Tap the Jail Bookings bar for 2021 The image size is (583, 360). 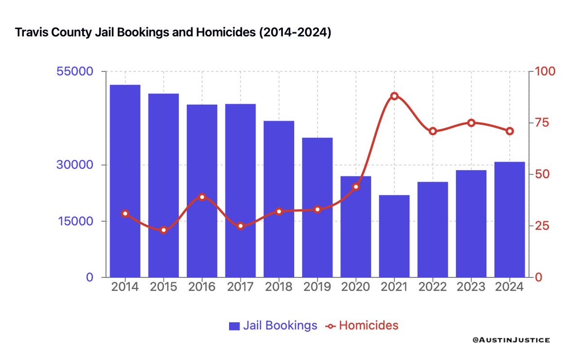(394, 236)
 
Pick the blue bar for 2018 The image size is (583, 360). (279, 199)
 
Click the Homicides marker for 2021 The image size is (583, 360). (394, 96)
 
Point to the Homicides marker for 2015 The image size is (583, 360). (163, 230)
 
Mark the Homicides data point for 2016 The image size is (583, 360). (202, 197)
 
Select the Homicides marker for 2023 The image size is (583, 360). (471, 123)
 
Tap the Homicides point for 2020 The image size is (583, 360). (356, 187)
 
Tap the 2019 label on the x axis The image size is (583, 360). (317, 287)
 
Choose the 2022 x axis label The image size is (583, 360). (432, 287)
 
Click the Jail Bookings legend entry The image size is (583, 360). (273, 326)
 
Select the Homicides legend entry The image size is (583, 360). (362, 326)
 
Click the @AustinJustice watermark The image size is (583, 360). (511, 341)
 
